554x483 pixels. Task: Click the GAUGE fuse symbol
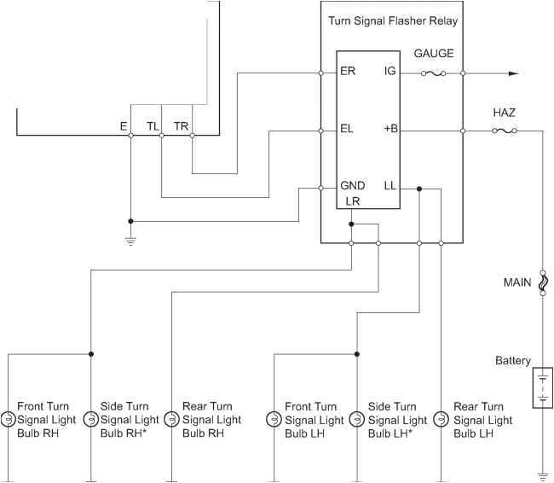[x=433, y=73]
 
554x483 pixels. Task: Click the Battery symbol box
[x=542, y=387]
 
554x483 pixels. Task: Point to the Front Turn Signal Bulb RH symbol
[x=8, y=419]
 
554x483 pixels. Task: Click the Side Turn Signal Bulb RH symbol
[x=90, y=419]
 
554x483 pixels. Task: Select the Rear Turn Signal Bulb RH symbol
[x=172, y=419]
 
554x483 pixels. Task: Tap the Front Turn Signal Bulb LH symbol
[x=274, y=419]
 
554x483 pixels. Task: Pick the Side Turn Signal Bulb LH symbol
[x=356, y=419]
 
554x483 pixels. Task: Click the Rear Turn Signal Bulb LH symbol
[x=441, y=419]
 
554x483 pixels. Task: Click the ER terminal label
[x=347, y=71]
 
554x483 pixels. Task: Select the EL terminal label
[x=346, y=129]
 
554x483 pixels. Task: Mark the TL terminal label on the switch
[x=153, y=125]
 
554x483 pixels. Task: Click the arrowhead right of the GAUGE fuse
[x=513, y=73]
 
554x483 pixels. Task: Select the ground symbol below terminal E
[x=130, y=241]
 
